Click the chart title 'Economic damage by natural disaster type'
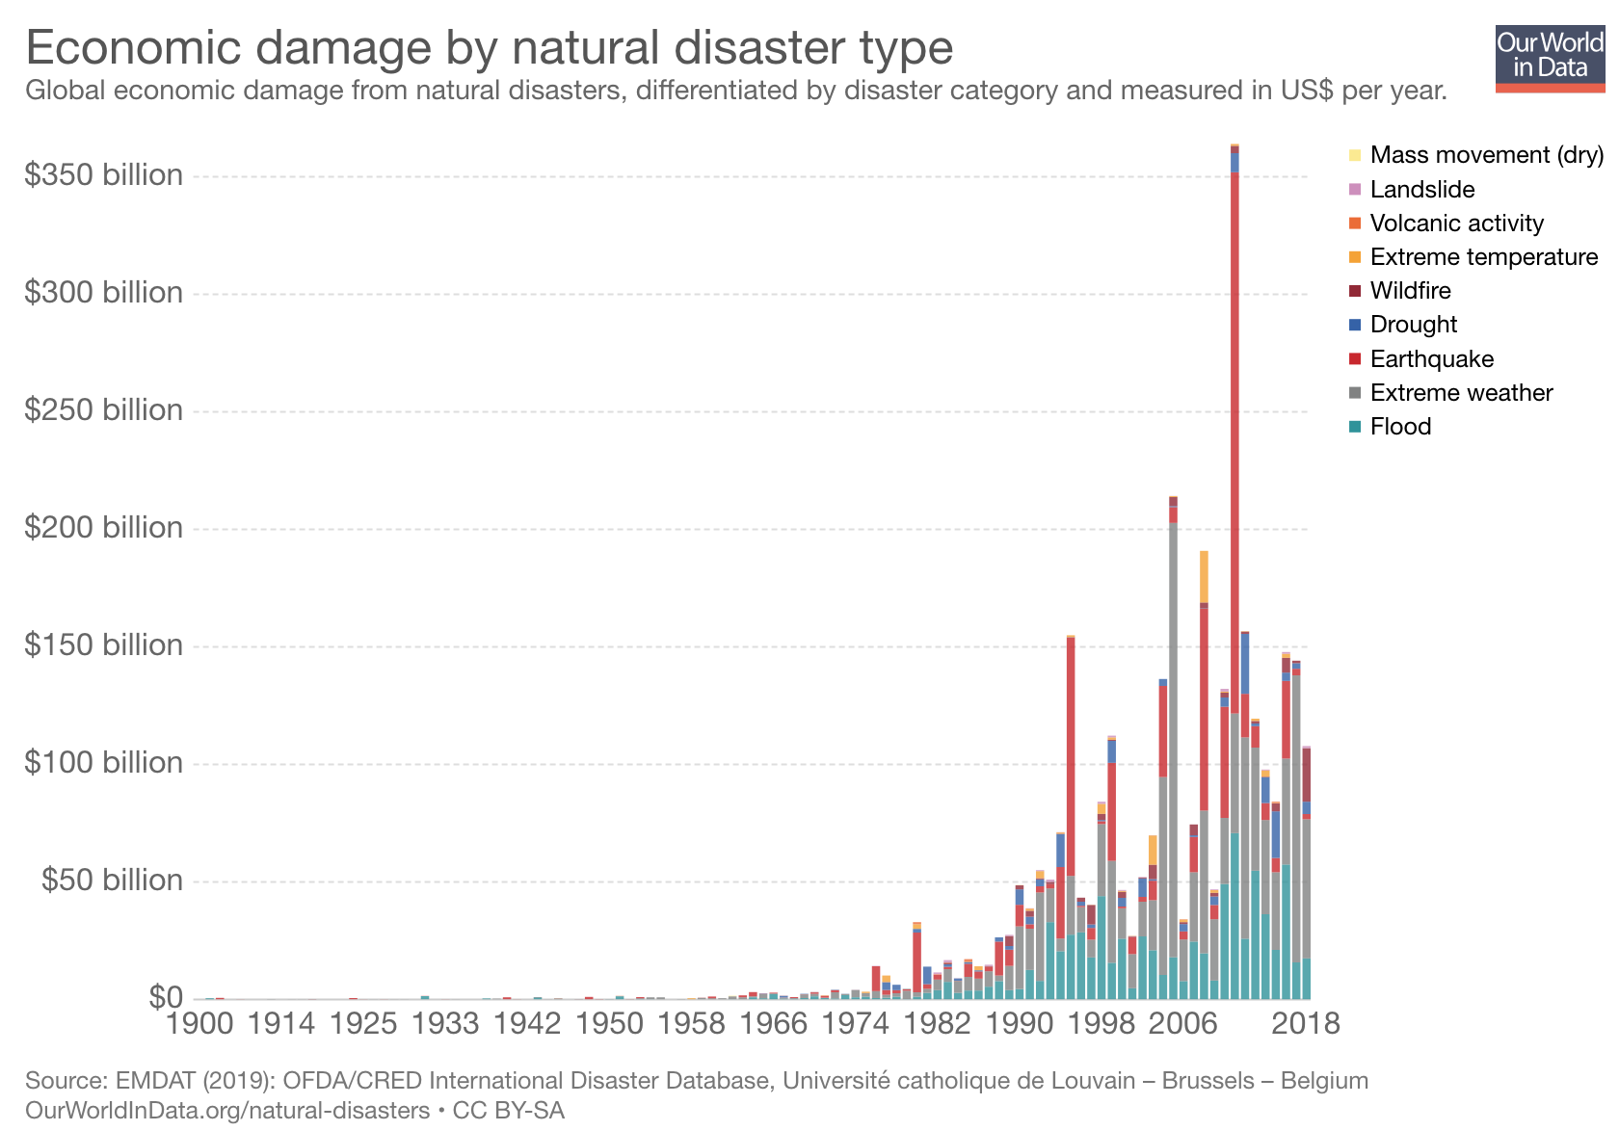[x=489, y=47]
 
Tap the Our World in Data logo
[x=1550, y=59]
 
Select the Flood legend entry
[x=1400, y=427]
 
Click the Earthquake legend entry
[x=1431, y=359]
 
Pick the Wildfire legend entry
[x=1410, y=291]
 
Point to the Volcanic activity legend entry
[x=1456, y=224]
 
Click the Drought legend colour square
[x=1355, y=325]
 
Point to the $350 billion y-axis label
[x=103, y=175]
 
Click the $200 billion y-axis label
[x=103, y=528]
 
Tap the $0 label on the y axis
[x=165, y=997]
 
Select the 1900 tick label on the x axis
[x=199, y=1023]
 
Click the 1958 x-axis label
[x=690, y=1023]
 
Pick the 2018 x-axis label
[x=1306, y=1023]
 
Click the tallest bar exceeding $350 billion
[x=1234, y=578]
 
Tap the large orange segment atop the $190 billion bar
[x=1204, y=577]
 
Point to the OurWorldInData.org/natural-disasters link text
[x=227, y=1111]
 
